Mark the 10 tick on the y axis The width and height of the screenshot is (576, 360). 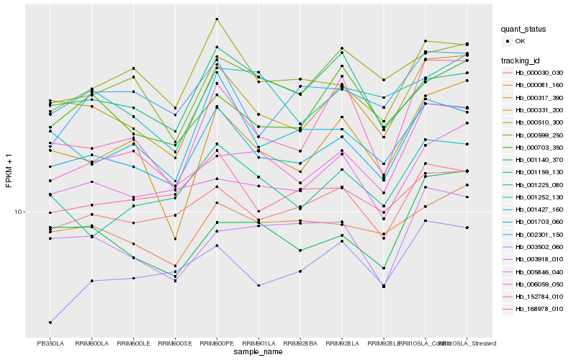(19, 212)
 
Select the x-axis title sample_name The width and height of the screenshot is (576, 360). (258, 352)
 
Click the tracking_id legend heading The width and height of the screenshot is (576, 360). (521, 60)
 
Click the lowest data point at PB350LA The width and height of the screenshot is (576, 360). (50, 322)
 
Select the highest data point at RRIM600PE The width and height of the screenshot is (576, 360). (217, 19)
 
